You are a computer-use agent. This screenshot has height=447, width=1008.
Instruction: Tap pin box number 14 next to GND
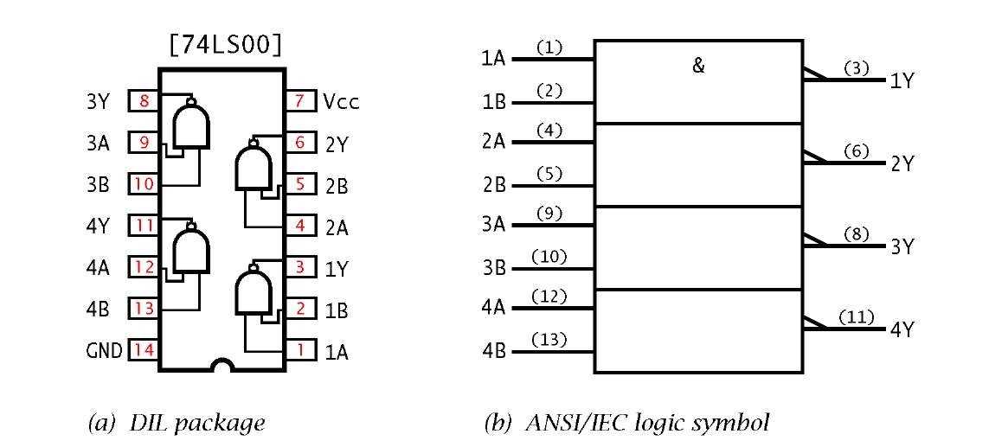coord(144,350)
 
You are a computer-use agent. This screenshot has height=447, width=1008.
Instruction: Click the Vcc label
coord(341,101)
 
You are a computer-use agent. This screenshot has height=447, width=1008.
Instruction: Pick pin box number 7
coord(299,101)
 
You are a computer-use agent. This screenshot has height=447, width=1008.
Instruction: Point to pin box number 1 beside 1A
coord(299,351)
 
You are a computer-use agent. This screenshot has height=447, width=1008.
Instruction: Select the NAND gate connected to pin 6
coord(252,168)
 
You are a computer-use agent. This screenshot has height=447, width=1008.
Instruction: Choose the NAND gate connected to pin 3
coord(252,292)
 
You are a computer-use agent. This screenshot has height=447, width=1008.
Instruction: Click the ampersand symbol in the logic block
coord(699,66)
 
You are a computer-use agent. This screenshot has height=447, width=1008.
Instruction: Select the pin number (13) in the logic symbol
coord(550,339)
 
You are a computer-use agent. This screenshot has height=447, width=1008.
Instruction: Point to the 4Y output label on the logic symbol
coord(902,329)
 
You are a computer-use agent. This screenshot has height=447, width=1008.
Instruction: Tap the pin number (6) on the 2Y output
coord(856,150)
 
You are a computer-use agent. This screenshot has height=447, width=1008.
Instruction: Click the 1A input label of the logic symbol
coord(493,59)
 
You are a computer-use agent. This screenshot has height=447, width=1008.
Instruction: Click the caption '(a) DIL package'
coord(177,424)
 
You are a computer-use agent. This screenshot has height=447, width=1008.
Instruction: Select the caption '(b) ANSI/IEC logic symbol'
coord(626,424)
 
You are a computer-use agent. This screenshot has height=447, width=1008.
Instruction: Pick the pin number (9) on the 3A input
coord(550,214)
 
